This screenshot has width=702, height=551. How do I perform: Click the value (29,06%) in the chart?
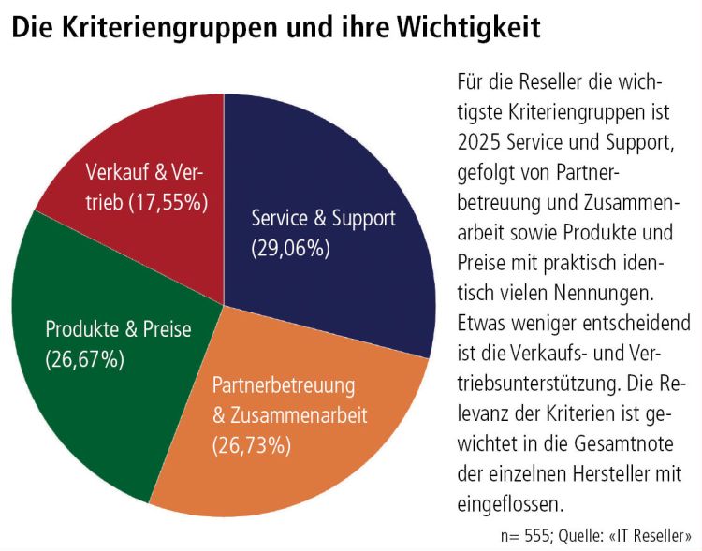291,248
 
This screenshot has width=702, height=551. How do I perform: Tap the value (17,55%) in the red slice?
167,201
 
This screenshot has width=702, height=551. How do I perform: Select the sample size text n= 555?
527,536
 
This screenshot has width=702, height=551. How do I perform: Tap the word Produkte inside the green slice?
79,329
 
